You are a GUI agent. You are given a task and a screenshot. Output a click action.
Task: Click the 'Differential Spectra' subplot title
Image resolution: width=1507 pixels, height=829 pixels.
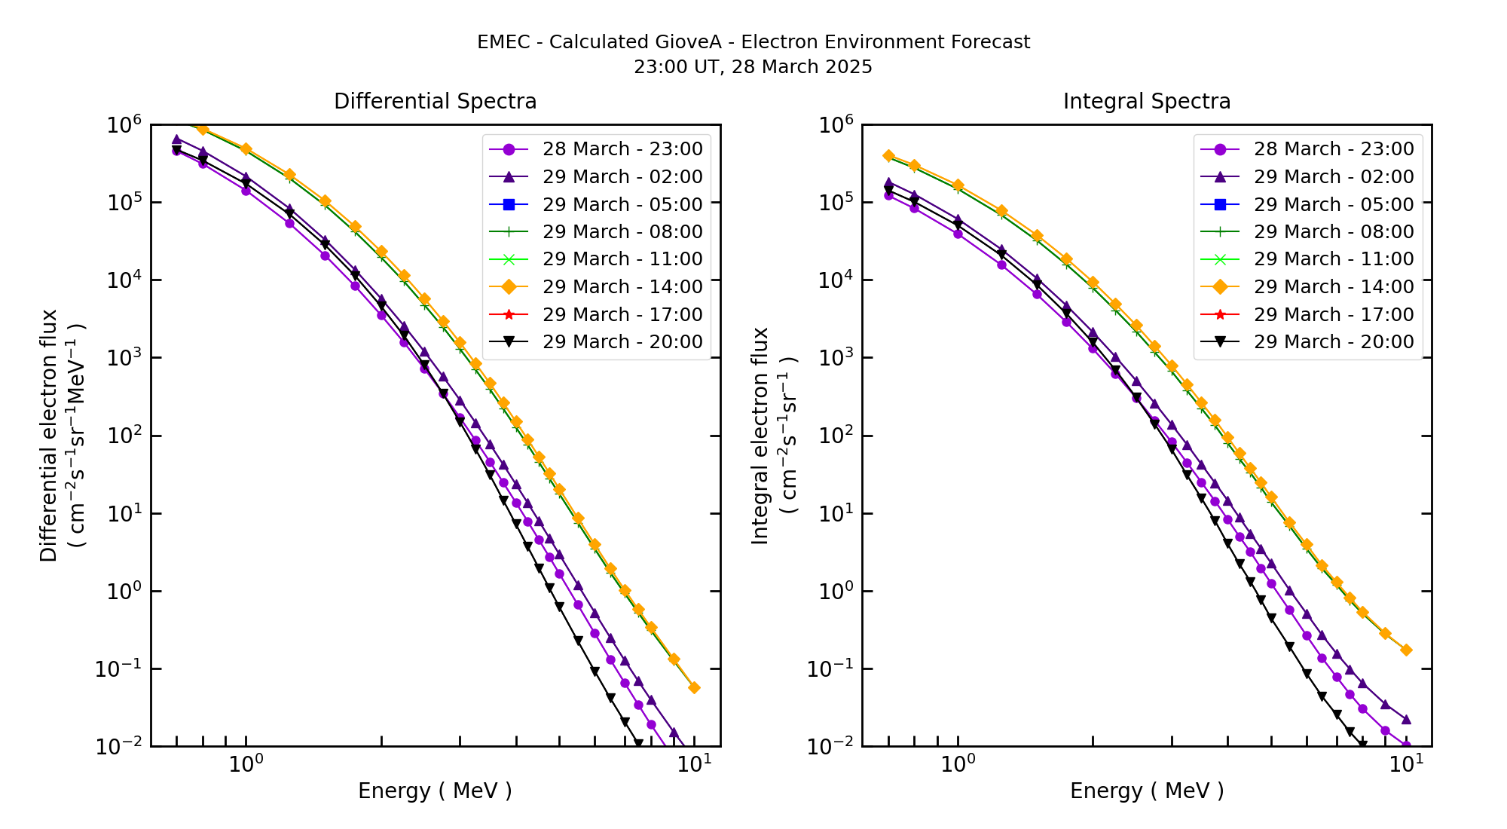pyautogui.click(x=435, y=102)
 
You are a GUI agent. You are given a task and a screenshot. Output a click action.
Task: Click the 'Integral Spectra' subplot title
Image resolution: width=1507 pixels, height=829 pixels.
pyautogui.click(x=1146, y=102)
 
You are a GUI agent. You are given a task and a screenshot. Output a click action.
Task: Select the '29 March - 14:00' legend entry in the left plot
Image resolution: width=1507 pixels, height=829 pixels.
pyautogui.click(x=622, y=287)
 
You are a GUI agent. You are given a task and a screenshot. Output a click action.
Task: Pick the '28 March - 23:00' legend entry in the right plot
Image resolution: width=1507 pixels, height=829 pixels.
pyautogui.click(x=1333, y=149)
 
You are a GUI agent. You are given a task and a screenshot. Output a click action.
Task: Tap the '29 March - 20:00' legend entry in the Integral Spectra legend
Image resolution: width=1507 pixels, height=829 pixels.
pyautogui.click(x=1333, y=342)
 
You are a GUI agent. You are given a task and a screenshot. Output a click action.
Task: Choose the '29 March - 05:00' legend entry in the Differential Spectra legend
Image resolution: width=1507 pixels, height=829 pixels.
pyautogui.click(x=622, y=205)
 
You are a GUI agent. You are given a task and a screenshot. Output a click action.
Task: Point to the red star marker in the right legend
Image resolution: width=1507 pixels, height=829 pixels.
pyautogui.click(x=1221, y=314)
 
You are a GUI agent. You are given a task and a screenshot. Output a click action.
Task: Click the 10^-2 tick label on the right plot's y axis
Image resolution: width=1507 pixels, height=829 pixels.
pyautogui.click(x=832, y=747)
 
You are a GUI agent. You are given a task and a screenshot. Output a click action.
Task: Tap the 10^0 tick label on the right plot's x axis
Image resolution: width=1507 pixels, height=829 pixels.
pyautogui.click(x=958, y=764)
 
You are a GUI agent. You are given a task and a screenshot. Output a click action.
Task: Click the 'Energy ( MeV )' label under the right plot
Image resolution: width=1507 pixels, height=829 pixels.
pyautogui.click(x=1146, y=791)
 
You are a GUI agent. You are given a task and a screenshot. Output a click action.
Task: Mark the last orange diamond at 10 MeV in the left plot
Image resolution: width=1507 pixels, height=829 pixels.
pyautogui.click(x=694, y=687)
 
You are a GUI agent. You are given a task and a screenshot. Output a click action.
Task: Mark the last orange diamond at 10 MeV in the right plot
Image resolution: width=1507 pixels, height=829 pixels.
pyautogui.click(x=1406, y=650)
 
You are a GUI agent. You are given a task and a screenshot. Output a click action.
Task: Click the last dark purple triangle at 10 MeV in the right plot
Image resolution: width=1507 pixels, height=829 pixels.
pyautogui.click(x=1406, y=720)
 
